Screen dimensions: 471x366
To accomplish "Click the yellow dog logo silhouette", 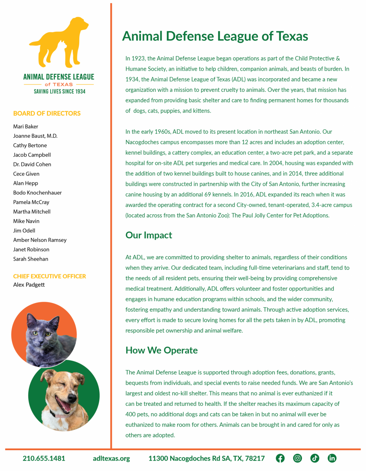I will [x=59, y=43].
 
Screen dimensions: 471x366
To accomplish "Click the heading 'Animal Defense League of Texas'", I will [x=215, y=36].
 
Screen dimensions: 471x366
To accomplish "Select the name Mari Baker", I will [x=26, y=126].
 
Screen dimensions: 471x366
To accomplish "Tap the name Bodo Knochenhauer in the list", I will [x=37, y=193].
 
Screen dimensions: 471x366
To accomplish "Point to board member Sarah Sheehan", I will [x=31, y=259].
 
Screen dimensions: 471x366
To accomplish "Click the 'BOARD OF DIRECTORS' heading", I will [x=47, y=113].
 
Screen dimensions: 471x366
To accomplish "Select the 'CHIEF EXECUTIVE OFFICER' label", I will [x=49, y=276].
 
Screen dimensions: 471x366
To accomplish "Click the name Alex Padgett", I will [x=29, y=285].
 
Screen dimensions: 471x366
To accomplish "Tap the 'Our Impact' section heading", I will [x=149, y=235].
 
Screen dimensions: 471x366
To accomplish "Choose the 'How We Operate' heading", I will [x=161, y=350].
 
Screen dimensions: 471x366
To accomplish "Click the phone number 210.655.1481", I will [x=44, y=458].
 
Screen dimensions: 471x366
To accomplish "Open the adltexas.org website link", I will [x=111, y=458].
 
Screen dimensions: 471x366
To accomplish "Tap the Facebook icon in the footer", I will [x=280, y=458].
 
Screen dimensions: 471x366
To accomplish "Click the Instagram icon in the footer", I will [x=298, y=458].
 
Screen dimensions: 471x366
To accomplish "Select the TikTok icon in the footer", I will [x=315, y=458].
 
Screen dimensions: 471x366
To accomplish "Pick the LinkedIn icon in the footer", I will [x=332, y=458].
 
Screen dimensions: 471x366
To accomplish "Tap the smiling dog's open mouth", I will [x=63, y=404].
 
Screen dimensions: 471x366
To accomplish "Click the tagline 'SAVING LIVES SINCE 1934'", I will [x=58, y=91].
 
